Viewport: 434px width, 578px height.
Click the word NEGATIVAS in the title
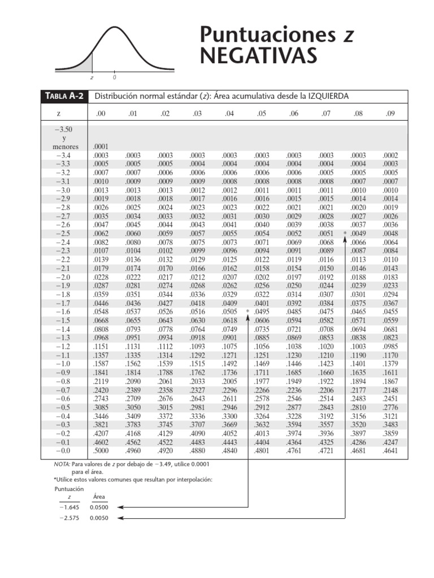click(x=258, y=56)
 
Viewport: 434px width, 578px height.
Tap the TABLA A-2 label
click(x=63, y=97)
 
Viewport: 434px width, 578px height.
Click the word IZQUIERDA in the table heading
click(x=323, y=97)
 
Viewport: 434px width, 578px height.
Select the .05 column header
click(x=261, y=113)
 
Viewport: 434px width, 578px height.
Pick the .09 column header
click(x=390, y=113)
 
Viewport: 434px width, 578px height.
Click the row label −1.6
click(x=63, y=312)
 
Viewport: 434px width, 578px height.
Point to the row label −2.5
click(x=63, y=234)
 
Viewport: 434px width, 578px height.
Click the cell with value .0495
click(x=261, y=312)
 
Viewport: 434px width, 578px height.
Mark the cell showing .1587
click(x=101, y=365)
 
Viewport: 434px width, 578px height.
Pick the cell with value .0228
click(x=101, y=277)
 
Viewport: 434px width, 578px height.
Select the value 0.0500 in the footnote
click(x=99, y=507)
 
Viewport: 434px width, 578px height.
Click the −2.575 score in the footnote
click(x=70, y=518)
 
